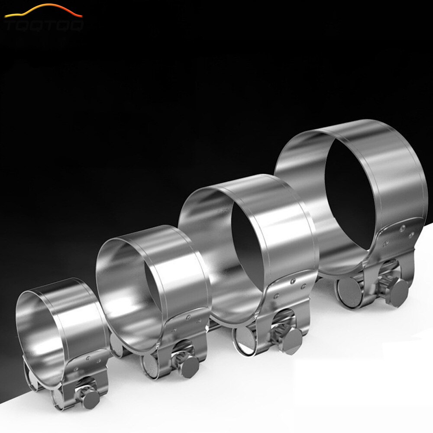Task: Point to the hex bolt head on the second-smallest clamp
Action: click(190, 367)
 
